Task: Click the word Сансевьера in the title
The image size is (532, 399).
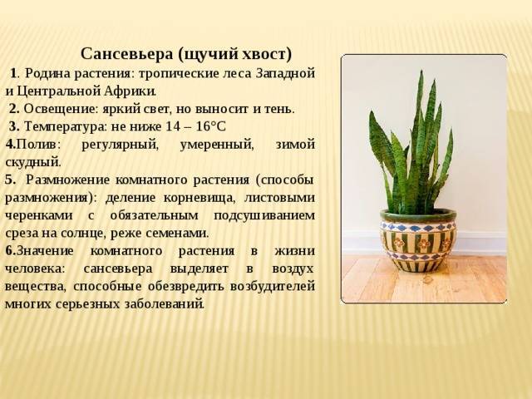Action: pos(127,54)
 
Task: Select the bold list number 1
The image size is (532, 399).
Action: pos(13,73)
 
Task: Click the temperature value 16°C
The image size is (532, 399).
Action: pos(211,126)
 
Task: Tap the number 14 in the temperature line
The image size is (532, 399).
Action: pos(173,126)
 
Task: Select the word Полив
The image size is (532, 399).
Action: pos(37,145)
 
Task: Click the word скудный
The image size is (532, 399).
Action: pos(33,163)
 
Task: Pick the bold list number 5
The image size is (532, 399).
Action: pos(11,180)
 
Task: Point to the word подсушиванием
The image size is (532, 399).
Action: pos(264,216)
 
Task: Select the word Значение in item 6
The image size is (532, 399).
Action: pos(45,251)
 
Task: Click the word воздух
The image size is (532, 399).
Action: pos(293,269)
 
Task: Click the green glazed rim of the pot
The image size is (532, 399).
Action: pos(418,215)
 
